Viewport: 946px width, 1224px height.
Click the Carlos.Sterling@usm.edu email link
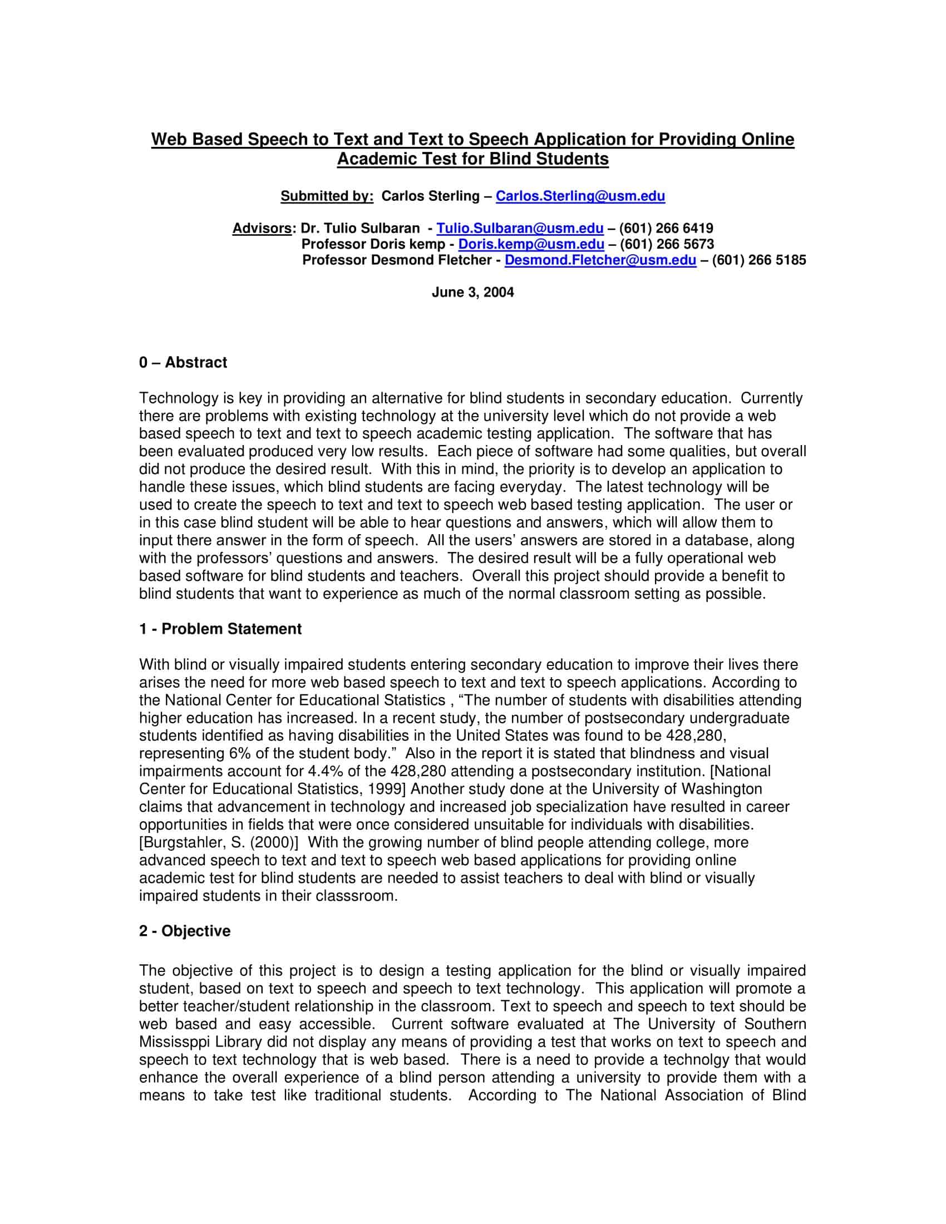580,196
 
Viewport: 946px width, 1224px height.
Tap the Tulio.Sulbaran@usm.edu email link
520,229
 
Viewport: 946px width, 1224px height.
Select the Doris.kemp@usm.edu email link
531,244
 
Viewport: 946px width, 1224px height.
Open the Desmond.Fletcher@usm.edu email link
600,260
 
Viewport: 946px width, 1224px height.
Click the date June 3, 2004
472,293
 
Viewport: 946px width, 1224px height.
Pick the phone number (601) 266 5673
667,244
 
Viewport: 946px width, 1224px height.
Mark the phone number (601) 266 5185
759,260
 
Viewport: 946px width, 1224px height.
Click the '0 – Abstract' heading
183,363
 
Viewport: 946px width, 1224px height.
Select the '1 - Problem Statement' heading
220,629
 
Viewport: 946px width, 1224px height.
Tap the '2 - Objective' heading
185,931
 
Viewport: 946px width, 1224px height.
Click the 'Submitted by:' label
327,196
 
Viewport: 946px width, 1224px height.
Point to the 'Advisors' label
262,229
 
